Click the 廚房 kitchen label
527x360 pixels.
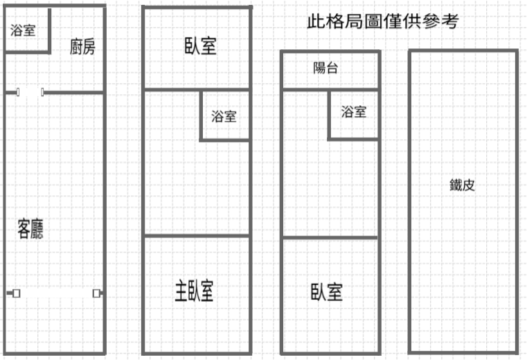pyautogui.click(x=82, y=46)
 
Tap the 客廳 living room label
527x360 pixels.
pyautogui.click(x=30, y=229)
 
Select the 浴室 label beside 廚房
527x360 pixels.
pyautogui.click(x=23, y=30)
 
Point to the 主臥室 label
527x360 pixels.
pyautogui.click(x=195, y=291)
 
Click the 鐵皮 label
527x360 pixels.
pyautogui.click(x=462, y=185)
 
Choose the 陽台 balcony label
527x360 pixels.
pyautogui.click(x=325, y=68)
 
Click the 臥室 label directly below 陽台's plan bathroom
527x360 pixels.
pyautogui.click(x=327, y=291)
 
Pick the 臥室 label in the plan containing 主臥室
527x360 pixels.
pyautogui.click(x=201, y=46)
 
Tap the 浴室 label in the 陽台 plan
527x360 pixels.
pyautogui.click(x=354, y=111)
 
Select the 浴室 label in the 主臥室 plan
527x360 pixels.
pyautogui.click(x=224, y=116)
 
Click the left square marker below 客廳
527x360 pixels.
pyautogui.click(x=16, y=294)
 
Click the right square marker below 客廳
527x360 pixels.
pyautogui.click(x=96, y=294)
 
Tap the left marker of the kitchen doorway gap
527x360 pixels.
pyautogui.click(x=18, y=92)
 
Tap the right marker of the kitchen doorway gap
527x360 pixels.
pyautogui.click(x=42, y=92)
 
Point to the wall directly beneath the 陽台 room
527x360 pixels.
pyautogui.click(x=331, y=89)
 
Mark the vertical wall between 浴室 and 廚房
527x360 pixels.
pyautogui.click(x=50, y=30)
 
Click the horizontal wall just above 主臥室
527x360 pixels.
pyautogui.click(x=197, y=235)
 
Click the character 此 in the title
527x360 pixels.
pyautogui.click(x=316, y=21)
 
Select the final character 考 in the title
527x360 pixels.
pyautogui.click(x=450, y=21)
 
